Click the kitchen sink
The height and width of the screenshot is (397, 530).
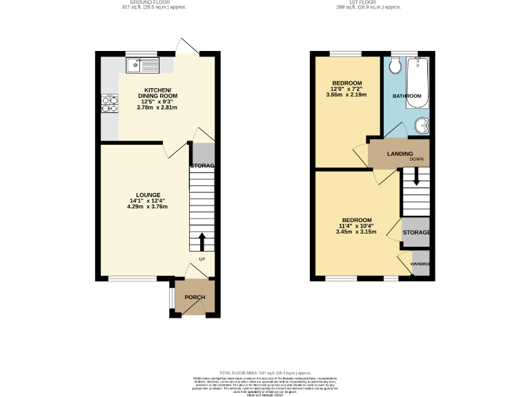click(x=141, y=65)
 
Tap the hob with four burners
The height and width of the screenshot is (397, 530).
click(x=109, y=103)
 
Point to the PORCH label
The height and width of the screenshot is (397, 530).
click(x=195, y=297)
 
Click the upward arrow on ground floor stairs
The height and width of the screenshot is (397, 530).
click(x=202, y=242)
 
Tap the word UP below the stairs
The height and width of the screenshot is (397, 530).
click(x=202, y=259)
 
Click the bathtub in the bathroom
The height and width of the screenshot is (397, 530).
click(x=418, y=83)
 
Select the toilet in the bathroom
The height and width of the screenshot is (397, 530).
click(x=394, y=65)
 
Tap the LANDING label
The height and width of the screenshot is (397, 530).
click(x=400, y=154)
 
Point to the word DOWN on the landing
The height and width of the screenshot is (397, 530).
click(x=416, y=159)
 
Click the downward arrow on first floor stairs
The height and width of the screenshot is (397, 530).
click(x=415, y=179)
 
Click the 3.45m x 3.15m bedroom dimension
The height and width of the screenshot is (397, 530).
click(x=355, y=232)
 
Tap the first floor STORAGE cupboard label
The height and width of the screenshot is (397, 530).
click(x=416, y=233)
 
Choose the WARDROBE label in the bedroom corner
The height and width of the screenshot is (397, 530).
click(x=420, y=264)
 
